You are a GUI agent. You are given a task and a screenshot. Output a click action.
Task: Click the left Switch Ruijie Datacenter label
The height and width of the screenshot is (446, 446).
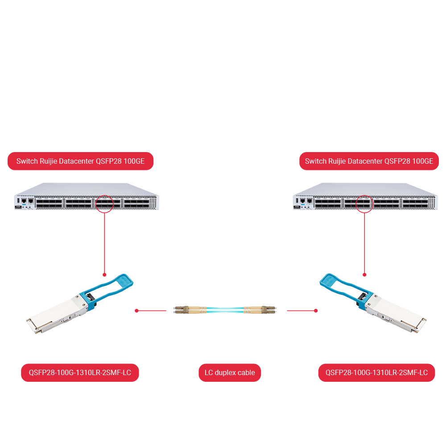pos(80,161)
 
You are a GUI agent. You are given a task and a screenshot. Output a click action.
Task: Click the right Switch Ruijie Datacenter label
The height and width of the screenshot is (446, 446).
pos(369,161)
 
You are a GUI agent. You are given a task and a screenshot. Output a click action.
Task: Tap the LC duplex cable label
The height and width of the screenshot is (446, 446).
pos(230,373)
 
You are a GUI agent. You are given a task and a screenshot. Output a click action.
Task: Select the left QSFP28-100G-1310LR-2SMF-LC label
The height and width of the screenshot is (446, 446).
pos(80,373)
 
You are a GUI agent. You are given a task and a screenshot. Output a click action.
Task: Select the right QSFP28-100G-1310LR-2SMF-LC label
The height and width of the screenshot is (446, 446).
pos(376,373)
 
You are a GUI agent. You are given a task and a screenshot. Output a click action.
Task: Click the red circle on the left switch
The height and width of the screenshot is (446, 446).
pos(104,204)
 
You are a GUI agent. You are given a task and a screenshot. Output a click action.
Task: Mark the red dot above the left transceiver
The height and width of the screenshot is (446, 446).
pos(104,274)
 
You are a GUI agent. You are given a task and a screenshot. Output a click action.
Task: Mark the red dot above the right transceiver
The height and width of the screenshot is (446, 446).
pos(364,274)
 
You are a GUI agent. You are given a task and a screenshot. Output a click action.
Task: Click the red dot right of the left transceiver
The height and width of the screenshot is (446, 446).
pos(136,310)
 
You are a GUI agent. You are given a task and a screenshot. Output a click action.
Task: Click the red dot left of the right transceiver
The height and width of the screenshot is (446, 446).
pos(316,310)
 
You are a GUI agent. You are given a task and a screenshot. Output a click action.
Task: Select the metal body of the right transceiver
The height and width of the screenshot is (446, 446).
pos(395,314)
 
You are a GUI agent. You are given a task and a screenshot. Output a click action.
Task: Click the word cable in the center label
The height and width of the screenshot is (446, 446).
pos(246,373)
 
